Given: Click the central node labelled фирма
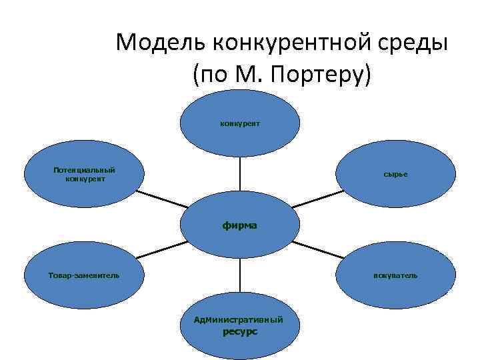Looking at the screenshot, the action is tap(240, 225).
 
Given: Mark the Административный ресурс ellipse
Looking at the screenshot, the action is tap(239, 325).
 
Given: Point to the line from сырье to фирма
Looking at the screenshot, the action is tap(317, 199).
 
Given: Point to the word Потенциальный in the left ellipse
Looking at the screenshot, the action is tap(79, 170).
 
